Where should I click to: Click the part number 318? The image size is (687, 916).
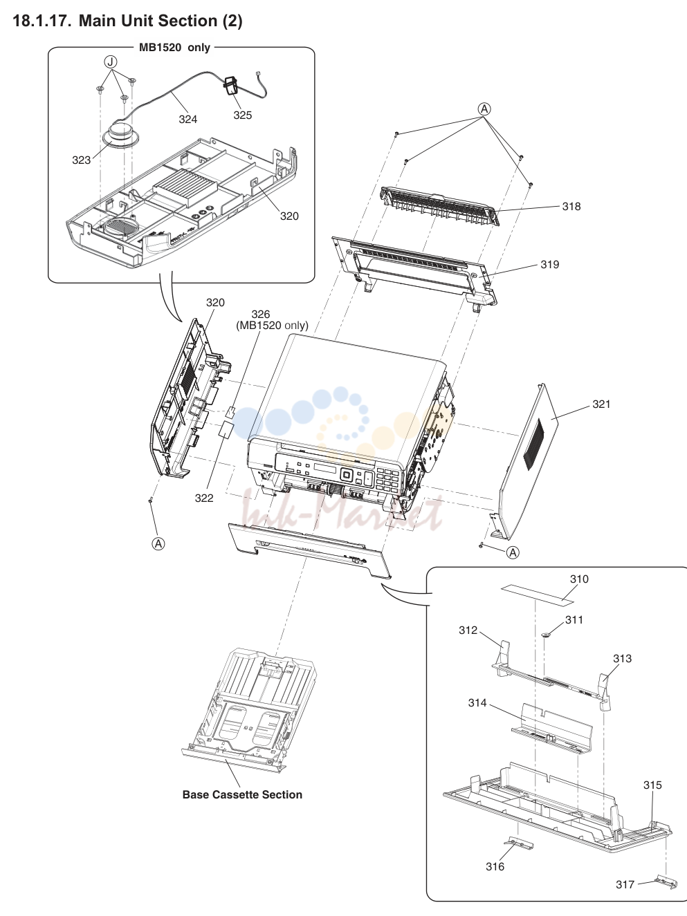click(571, 206)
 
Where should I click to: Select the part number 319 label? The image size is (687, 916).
click(549, 264)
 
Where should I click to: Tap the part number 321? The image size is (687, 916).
click(601, 404)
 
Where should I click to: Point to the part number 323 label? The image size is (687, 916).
click(81, 160)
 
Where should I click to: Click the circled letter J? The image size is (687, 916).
click(110, 62)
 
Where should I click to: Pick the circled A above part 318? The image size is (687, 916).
click(484, 109)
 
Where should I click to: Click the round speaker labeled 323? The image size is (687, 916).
click(121, 133)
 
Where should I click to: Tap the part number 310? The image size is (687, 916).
click(579, 579)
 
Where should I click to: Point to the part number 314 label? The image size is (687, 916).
click(477, 703)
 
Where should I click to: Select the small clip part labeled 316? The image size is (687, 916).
click(520, 843)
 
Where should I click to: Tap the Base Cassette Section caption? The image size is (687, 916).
click(242, 794)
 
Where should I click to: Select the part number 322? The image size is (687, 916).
click(204, 498)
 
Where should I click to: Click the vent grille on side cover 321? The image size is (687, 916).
click(535, 445)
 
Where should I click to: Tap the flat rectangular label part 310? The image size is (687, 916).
click(537, 593)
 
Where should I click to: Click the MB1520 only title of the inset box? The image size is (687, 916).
click(174, 48)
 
